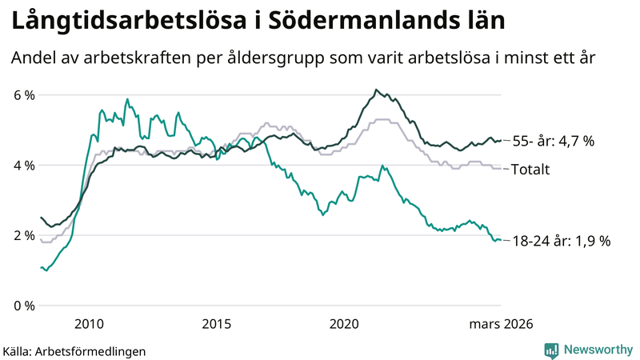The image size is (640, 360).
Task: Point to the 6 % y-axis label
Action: (24, 95)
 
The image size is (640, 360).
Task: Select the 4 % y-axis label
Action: (24, 166)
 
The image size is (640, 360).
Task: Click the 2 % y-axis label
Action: (24, 235)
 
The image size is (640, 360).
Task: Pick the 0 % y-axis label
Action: (24, 306)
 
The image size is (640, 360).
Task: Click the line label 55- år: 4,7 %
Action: (553, 142)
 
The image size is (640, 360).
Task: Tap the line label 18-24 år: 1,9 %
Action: (561, 241)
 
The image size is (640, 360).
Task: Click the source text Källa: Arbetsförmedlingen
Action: (74, 350)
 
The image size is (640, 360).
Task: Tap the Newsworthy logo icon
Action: (551, 350)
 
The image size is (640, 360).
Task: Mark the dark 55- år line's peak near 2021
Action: (376, 90)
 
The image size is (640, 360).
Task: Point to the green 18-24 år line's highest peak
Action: (127, 99)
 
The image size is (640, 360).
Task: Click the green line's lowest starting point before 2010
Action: (46, 270)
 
